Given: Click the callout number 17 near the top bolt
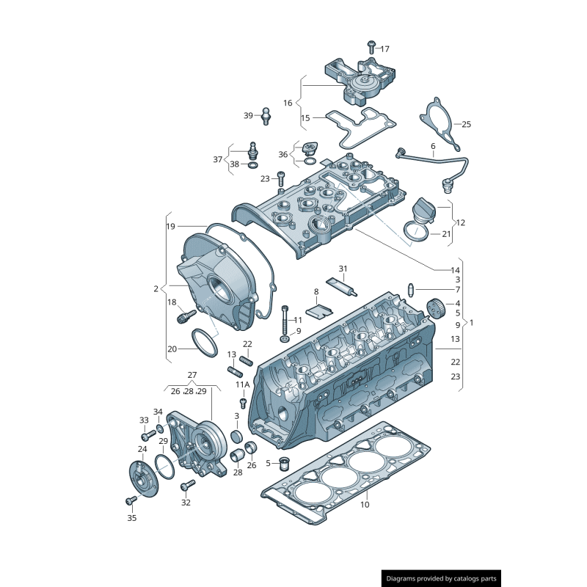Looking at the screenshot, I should (384, 48).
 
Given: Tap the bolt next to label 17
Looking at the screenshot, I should (371, 46).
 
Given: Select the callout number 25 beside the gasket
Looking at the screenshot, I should (466, 124).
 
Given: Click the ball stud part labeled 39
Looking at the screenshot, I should (266, 114).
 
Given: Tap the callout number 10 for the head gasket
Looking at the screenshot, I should (365, 504).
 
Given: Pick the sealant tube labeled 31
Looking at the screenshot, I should (346, 285).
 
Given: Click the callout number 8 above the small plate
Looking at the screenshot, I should (316, 291).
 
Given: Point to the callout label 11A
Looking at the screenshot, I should (242, 384).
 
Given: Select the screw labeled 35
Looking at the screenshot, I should (131, 500).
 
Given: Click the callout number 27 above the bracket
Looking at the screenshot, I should (192, 375).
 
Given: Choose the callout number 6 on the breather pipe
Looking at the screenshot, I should (433, 146).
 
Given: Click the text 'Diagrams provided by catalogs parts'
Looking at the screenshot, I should (442, 579).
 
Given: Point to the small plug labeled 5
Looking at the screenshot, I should (285, 463).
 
